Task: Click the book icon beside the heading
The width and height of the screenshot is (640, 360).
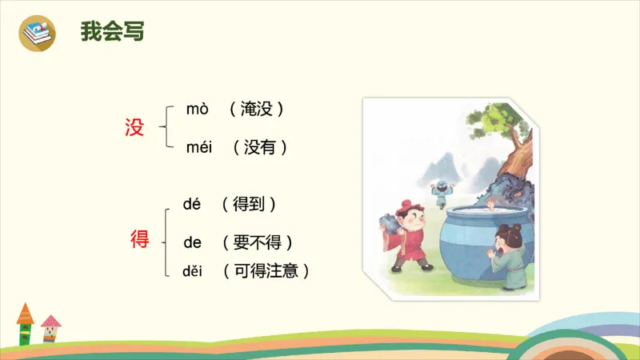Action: click(x=38, y=33)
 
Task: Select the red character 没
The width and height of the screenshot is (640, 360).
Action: click(x=134, y=127)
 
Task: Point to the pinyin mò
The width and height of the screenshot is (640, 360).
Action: click(x=197, y=109)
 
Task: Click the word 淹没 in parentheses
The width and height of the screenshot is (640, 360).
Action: click(x=256, y=110)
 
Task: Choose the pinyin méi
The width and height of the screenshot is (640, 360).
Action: click(x=200, y=147)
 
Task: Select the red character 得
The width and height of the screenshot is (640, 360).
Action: click(x=140, y=239)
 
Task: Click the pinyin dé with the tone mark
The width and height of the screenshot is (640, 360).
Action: click(x=192, y=204)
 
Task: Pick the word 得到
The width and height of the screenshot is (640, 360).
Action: click(x=249, y=204)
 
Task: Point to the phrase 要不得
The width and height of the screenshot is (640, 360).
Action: click(x=257, y=242)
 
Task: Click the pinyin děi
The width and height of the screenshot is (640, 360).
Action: click(x=193, y=271)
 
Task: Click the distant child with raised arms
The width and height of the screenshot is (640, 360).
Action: click(x=439, y=191)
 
